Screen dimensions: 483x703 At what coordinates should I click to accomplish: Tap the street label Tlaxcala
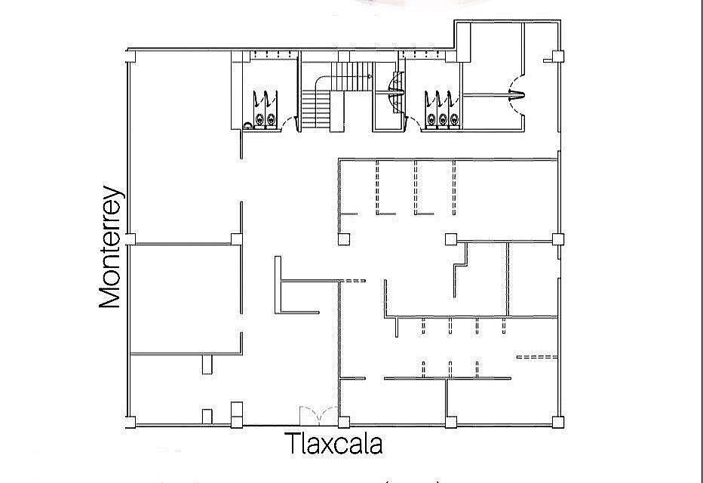pos(333,444)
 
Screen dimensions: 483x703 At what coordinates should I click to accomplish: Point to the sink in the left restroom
pos(248,125)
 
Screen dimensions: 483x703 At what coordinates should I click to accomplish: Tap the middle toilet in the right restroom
pos(442,118)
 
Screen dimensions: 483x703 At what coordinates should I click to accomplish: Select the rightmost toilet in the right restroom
pos(454,118)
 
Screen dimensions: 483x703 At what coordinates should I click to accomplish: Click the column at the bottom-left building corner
pos(130,421)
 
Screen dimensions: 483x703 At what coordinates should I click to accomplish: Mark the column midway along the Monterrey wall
pos(130,240)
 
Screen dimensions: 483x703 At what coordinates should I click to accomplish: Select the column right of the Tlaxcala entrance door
pos(344,421)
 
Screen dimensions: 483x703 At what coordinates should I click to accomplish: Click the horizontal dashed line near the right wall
pos(536,356)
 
